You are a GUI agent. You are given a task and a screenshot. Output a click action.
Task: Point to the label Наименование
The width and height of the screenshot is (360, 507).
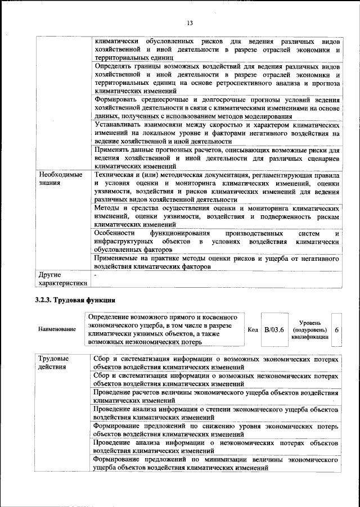(57, 329)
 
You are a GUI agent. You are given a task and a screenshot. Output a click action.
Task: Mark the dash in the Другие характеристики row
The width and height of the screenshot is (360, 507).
(96, 275)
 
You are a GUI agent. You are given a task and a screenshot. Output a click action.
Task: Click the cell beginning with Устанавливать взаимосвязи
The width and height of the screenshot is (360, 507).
(217, 133)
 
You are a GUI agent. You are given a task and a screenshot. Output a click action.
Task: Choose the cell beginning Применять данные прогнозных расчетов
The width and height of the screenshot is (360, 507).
(217, 158)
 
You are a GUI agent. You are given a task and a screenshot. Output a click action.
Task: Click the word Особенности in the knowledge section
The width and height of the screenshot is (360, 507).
(115, 233)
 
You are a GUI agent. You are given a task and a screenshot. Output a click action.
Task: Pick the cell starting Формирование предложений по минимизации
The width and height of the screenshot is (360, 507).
(217, 464)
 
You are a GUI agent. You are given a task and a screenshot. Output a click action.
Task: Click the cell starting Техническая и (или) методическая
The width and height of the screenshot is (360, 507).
(217, 187)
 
